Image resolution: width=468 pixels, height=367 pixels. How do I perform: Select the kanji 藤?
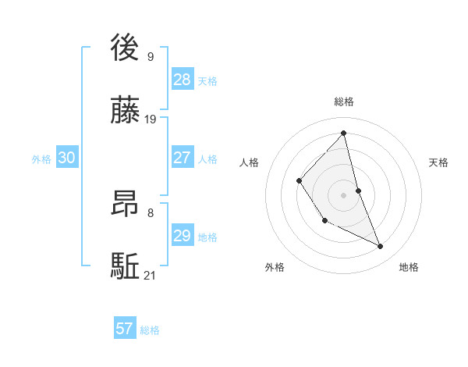point(126,110)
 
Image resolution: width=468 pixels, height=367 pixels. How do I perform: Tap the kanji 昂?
point(126,202)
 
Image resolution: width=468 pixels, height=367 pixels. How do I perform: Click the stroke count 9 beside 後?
point(150,56)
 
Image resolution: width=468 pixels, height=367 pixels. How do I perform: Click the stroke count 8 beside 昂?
point(150,212)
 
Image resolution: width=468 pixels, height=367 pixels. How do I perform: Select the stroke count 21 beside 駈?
point(151,276)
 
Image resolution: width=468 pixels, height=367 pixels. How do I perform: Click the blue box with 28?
point(183,80)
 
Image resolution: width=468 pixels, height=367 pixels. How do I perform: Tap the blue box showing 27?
point(183,158)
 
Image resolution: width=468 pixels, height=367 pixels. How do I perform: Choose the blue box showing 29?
point(183,236)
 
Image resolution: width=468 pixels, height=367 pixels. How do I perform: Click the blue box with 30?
point(67,158)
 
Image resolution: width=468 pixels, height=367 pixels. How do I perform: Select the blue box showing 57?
point(125,329)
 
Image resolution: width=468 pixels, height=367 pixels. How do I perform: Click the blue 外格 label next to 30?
point(41,159)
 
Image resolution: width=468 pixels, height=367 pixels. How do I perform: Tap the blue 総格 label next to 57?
point(150,330)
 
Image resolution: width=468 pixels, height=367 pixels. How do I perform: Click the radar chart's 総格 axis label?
point(344,102)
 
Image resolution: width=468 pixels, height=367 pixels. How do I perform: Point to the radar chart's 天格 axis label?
point(439,162)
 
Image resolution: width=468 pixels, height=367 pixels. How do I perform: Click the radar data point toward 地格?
point(381,247)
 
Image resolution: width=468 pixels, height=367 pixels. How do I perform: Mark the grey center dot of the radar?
point(344,194)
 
